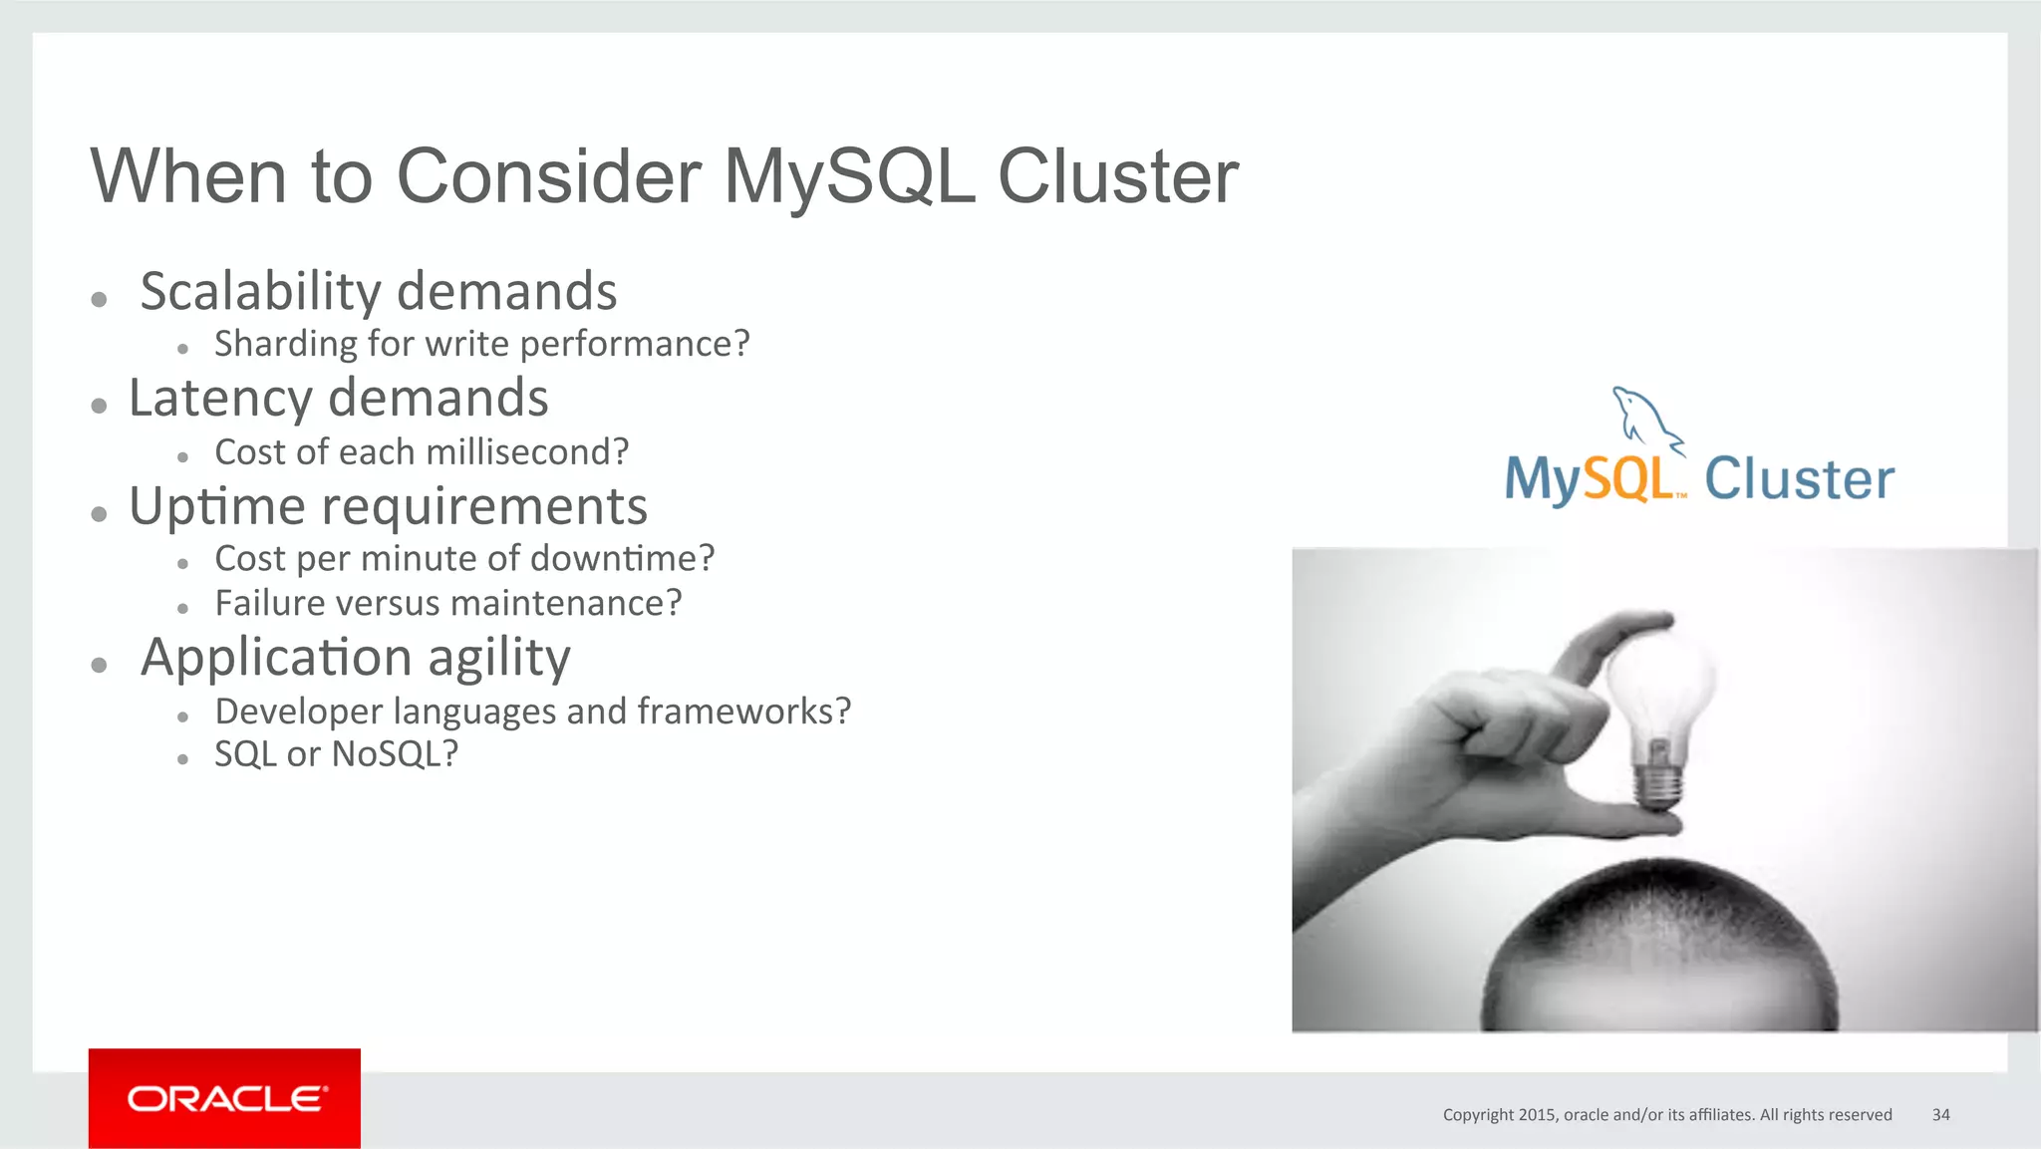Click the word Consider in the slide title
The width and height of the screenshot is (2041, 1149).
(x=548, y=176)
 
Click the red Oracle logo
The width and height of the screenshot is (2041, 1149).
(x=224, y=1098)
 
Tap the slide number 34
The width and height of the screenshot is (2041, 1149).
(x=1940, y=1114)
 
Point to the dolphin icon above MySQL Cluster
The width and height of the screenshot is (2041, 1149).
(x=1644, y=417)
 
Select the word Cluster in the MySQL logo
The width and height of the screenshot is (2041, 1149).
(x=1799, y=479)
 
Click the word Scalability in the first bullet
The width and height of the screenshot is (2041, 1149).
(x=260, y=292)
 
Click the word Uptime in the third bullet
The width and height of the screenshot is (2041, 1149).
(x=216, y=506)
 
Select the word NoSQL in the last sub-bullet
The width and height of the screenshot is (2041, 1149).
(x=394, y=754)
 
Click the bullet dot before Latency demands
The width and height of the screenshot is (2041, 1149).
(x=99, y=406)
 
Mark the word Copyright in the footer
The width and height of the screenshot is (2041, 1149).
(x=1478, y=1114)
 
